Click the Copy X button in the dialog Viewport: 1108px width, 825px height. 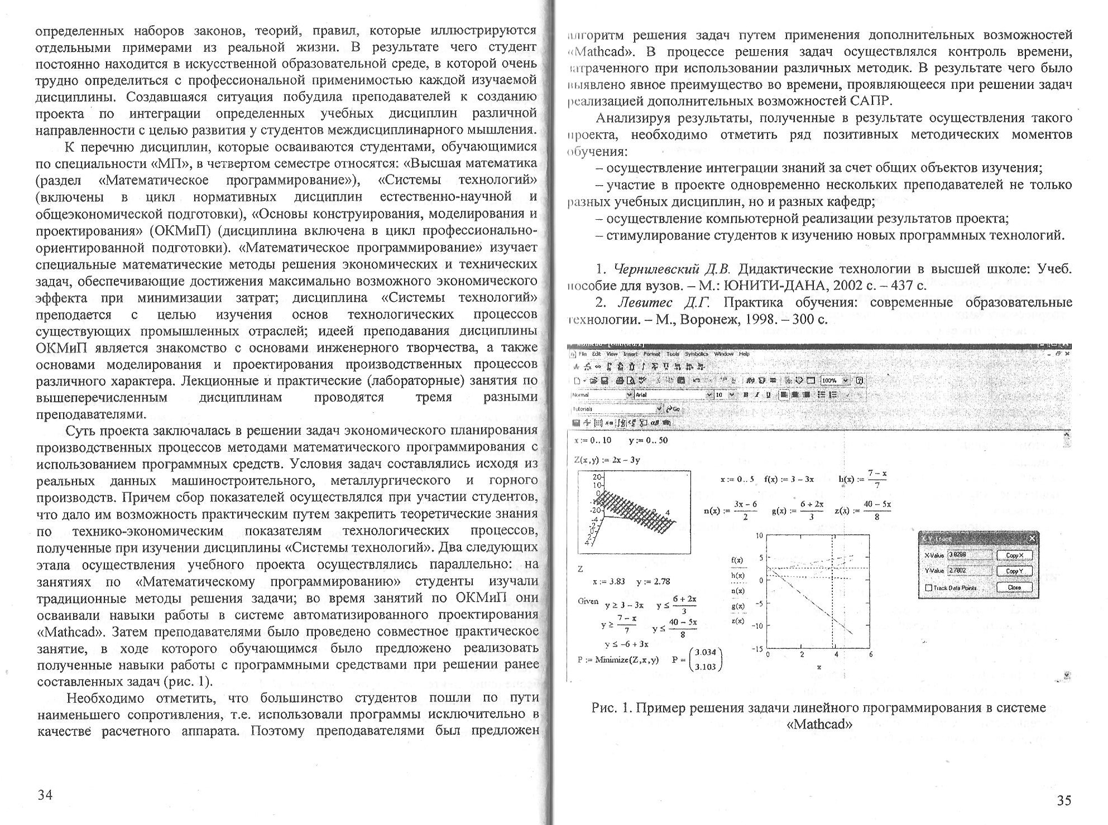(1014, 556)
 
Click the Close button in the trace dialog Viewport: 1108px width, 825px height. (1014, 587)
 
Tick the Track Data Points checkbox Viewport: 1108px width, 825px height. (929, 588)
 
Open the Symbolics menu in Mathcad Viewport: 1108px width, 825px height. (696, 354)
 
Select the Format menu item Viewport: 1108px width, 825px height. (651, 354)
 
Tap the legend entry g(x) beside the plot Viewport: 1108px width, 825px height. (737, 606)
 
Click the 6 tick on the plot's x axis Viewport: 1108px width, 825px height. (870, 654)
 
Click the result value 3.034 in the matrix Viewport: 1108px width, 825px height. (706, 652)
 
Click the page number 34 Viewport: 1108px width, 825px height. (45, 795)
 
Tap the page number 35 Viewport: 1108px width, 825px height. (1064, 800)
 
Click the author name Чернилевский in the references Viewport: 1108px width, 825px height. (656, 269)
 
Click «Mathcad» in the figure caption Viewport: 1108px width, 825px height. (819, 725)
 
